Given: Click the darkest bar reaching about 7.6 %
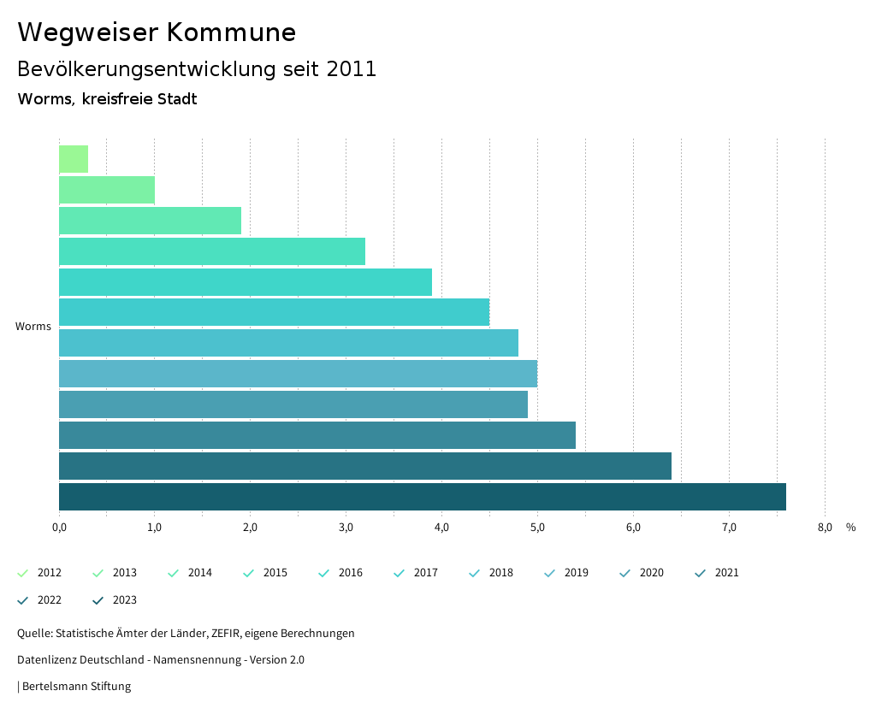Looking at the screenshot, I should [x=422, y=497].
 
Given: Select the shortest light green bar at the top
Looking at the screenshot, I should [x=74, y=159].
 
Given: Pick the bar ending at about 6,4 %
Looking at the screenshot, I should [x=364, y=466].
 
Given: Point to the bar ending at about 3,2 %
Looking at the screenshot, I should [x=212, y=251].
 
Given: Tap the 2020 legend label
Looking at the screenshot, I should [x=651, y=573].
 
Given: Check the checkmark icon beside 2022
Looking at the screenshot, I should [x=23, y=600].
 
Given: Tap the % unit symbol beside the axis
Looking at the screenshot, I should [x=850, y=528].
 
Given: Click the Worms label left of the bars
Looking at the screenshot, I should [x=33, y=327].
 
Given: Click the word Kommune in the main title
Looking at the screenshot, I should [x=231, y=32].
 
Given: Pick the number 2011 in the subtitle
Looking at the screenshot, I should [x=351, y=69].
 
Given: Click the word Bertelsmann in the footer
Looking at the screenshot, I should [x=55, y=687].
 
